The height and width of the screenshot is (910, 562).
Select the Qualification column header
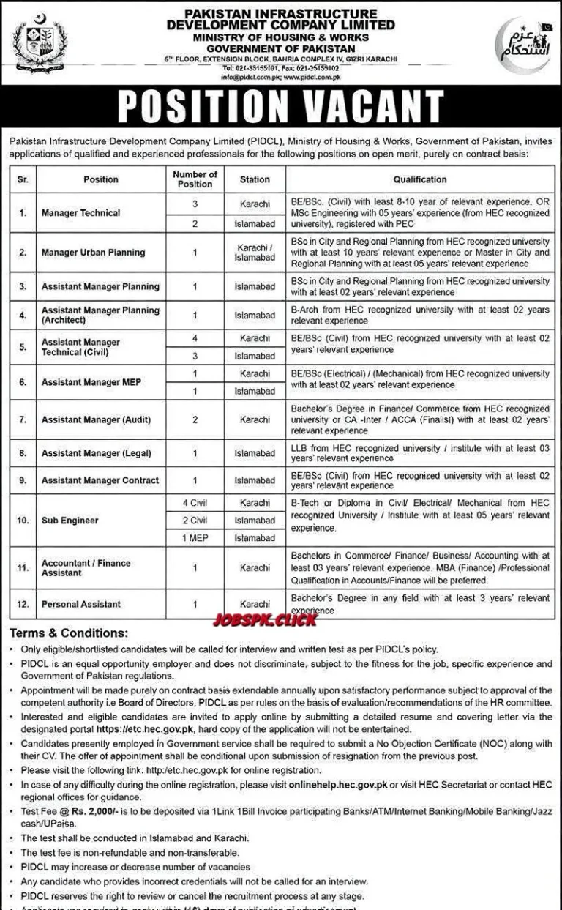419,179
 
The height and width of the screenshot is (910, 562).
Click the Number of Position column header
195,179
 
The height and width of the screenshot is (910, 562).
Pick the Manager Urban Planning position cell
93,253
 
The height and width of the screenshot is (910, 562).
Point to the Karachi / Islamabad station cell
255,253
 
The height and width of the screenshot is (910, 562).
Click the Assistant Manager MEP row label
91,382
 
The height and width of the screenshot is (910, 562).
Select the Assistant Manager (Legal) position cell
96,453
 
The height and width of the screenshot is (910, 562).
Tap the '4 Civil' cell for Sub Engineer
195,504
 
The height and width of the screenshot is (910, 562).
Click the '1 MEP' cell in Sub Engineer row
195,538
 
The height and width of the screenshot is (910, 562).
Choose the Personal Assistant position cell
81,604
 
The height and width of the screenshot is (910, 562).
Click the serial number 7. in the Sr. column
23,420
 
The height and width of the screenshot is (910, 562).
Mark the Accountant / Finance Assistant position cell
86,568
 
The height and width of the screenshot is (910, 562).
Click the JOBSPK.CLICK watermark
265,620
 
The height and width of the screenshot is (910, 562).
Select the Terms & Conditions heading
69,633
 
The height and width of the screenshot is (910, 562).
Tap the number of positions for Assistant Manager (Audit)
195,420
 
